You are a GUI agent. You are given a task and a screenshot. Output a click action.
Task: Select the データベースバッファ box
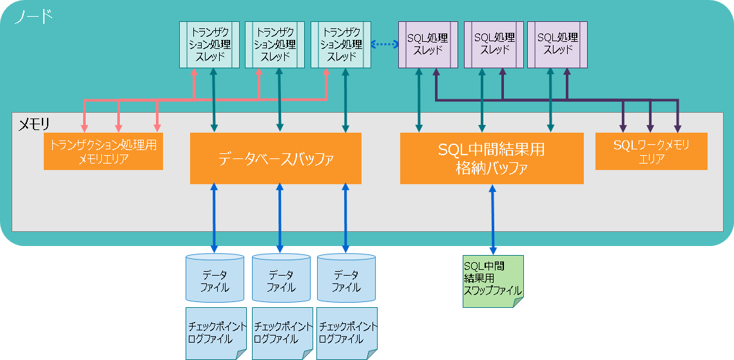click(x=275, y=158)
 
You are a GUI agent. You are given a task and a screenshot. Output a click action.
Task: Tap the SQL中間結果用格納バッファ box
click(x=492, y=158)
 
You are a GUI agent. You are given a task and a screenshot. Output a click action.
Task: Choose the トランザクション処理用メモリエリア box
click(x=103, y=152)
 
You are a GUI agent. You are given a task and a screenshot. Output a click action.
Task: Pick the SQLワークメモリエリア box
click(x=651, y=151)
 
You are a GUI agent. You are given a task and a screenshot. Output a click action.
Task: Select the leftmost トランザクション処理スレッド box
click(x=209, y=44)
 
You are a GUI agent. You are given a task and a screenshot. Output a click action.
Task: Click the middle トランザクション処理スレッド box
click(x=275, y=44)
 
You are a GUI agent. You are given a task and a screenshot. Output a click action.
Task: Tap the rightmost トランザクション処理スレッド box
click(x=341, y=44)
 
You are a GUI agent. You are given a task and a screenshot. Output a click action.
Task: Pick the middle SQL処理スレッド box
click(x=494, y=44)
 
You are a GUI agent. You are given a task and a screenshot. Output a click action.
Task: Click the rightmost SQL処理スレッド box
click(x=557, y=44)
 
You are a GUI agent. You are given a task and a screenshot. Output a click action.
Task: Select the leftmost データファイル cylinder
click(x=215, y=278)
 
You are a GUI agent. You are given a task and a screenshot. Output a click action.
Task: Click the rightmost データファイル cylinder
click(x=346, y=278)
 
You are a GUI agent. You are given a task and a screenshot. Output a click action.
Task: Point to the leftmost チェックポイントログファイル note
click(x=216, y=333)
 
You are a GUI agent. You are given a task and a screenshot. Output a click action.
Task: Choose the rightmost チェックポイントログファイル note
click(x=347, y=333)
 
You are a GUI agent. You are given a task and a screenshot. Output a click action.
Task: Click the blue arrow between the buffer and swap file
click(x=493, y=219)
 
